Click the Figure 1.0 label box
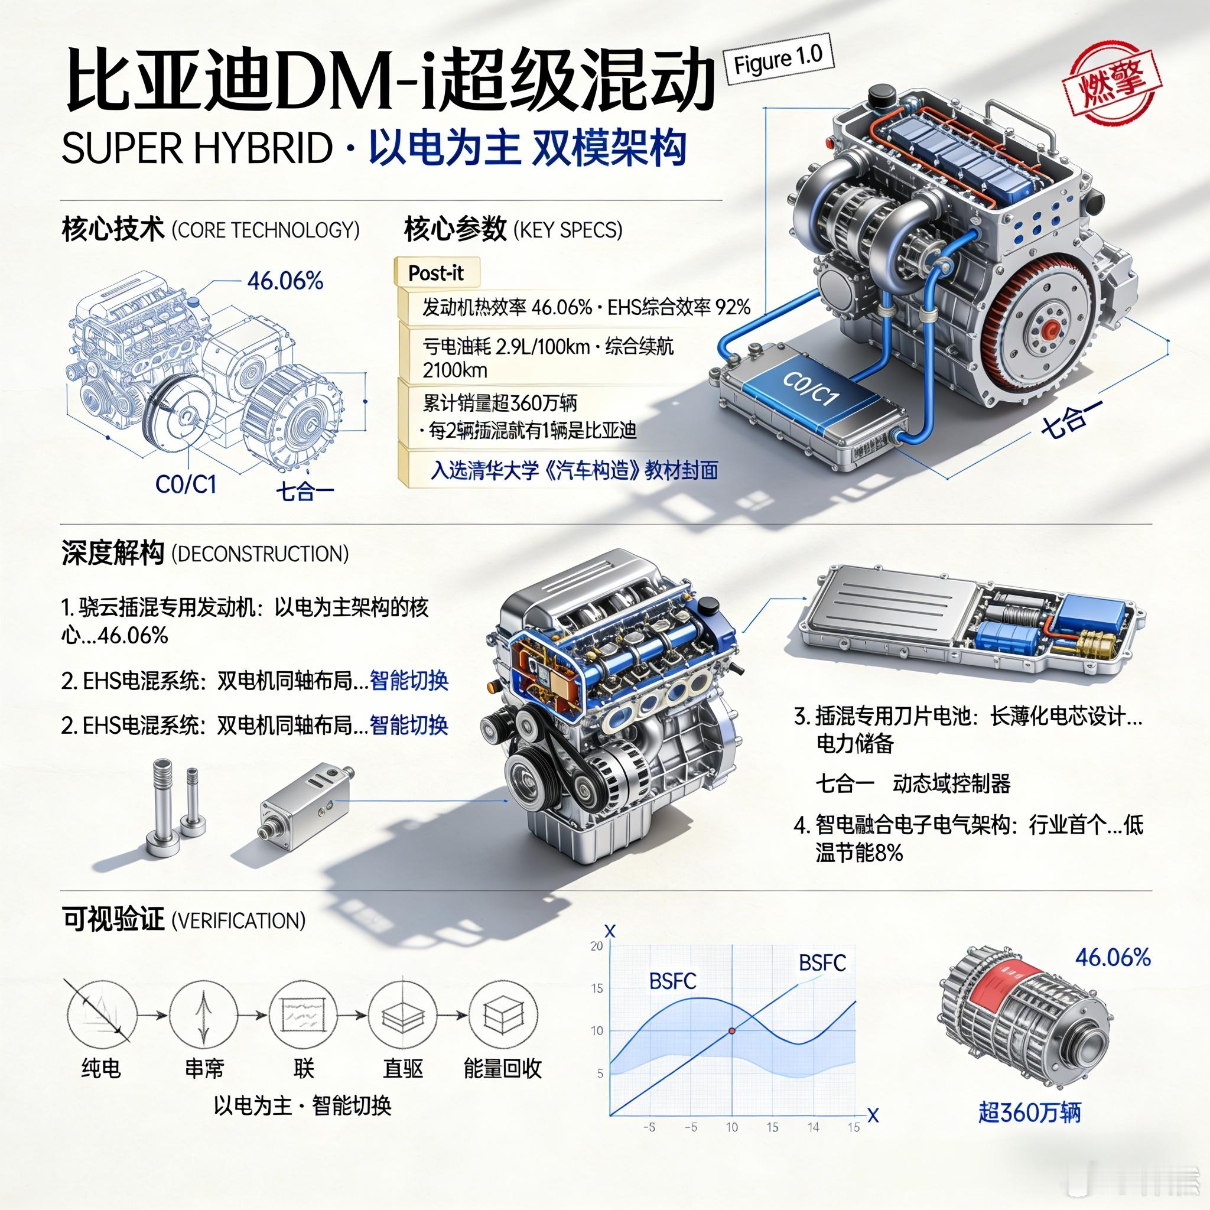(x=779, y=60)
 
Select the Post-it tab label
(x=437, y=273)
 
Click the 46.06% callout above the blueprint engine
(x=285, y=281)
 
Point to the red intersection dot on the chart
(x=731, y=1030)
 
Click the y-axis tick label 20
(x=596, y=946)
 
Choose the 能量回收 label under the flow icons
(x=502, y=1068)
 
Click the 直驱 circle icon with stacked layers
(x=401, y=1014)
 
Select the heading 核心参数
(x=456, y=230)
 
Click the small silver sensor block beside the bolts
(x=302, y=801)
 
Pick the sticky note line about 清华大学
(x=574, y=470)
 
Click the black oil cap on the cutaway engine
(x=709, y=606)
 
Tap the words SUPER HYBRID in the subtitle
(x=197, y=149)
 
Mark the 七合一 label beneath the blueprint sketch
(x=305, y=490)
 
